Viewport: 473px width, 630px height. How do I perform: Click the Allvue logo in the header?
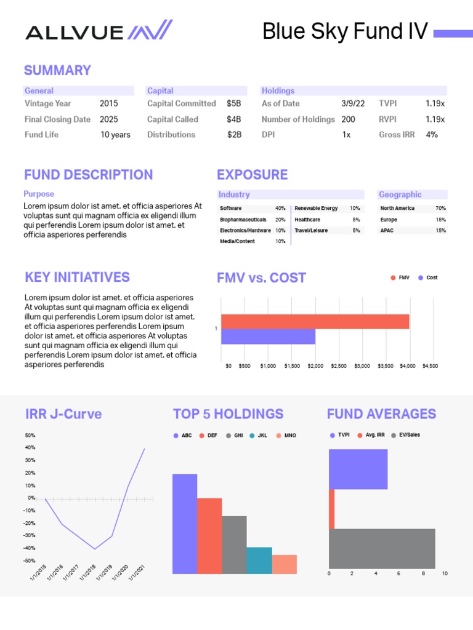[99, 30]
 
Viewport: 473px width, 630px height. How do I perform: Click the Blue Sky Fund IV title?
[345, 31]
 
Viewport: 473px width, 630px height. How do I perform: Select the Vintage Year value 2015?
[108, 104]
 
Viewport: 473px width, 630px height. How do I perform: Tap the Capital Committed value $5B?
[233, 104]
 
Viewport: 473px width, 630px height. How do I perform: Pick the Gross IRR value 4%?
[432, 135]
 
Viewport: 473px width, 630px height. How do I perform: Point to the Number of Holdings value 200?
[348, 119]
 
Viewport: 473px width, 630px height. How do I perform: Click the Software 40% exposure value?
[280, 209]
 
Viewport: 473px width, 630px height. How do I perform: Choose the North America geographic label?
[397, 209]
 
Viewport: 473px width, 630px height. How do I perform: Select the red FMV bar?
[315, 322]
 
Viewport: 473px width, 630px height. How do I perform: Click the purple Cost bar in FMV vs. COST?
[268, 337]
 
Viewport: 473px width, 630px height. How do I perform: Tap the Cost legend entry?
[428, 278]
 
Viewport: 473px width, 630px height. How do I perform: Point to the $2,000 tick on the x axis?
[315, 366]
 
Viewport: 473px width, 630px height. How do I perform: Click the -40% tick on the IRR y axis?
[30, 548]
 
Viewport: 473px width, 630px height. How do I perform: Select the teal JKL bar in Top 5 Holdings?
[259, 560]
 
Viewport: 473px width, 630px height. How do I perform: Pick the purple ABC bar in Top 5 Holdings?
[185, 523]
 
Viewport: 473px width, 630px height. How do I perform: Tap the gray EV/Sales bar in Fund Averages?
[382, 548]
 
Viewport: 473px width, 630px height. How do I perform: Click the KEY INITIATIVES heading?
[77, 277]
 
